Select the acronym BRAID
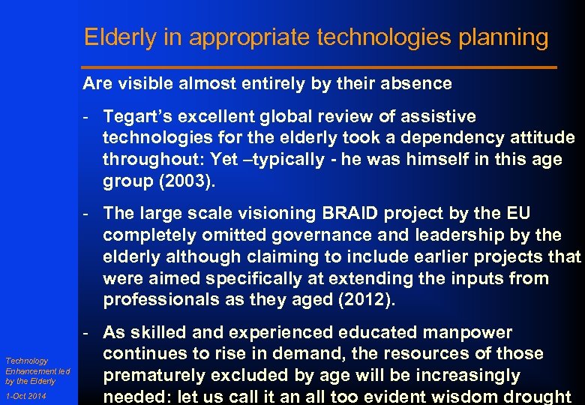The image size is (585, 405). (352, 213)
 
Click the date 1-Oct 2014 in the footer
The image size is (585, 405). (25, 396)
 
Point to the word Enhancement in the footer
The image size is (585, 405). (28, 371)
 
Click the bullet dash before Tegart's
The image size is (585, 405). (88, 116)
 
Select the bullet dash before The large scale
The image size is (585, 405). (88, 213)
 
